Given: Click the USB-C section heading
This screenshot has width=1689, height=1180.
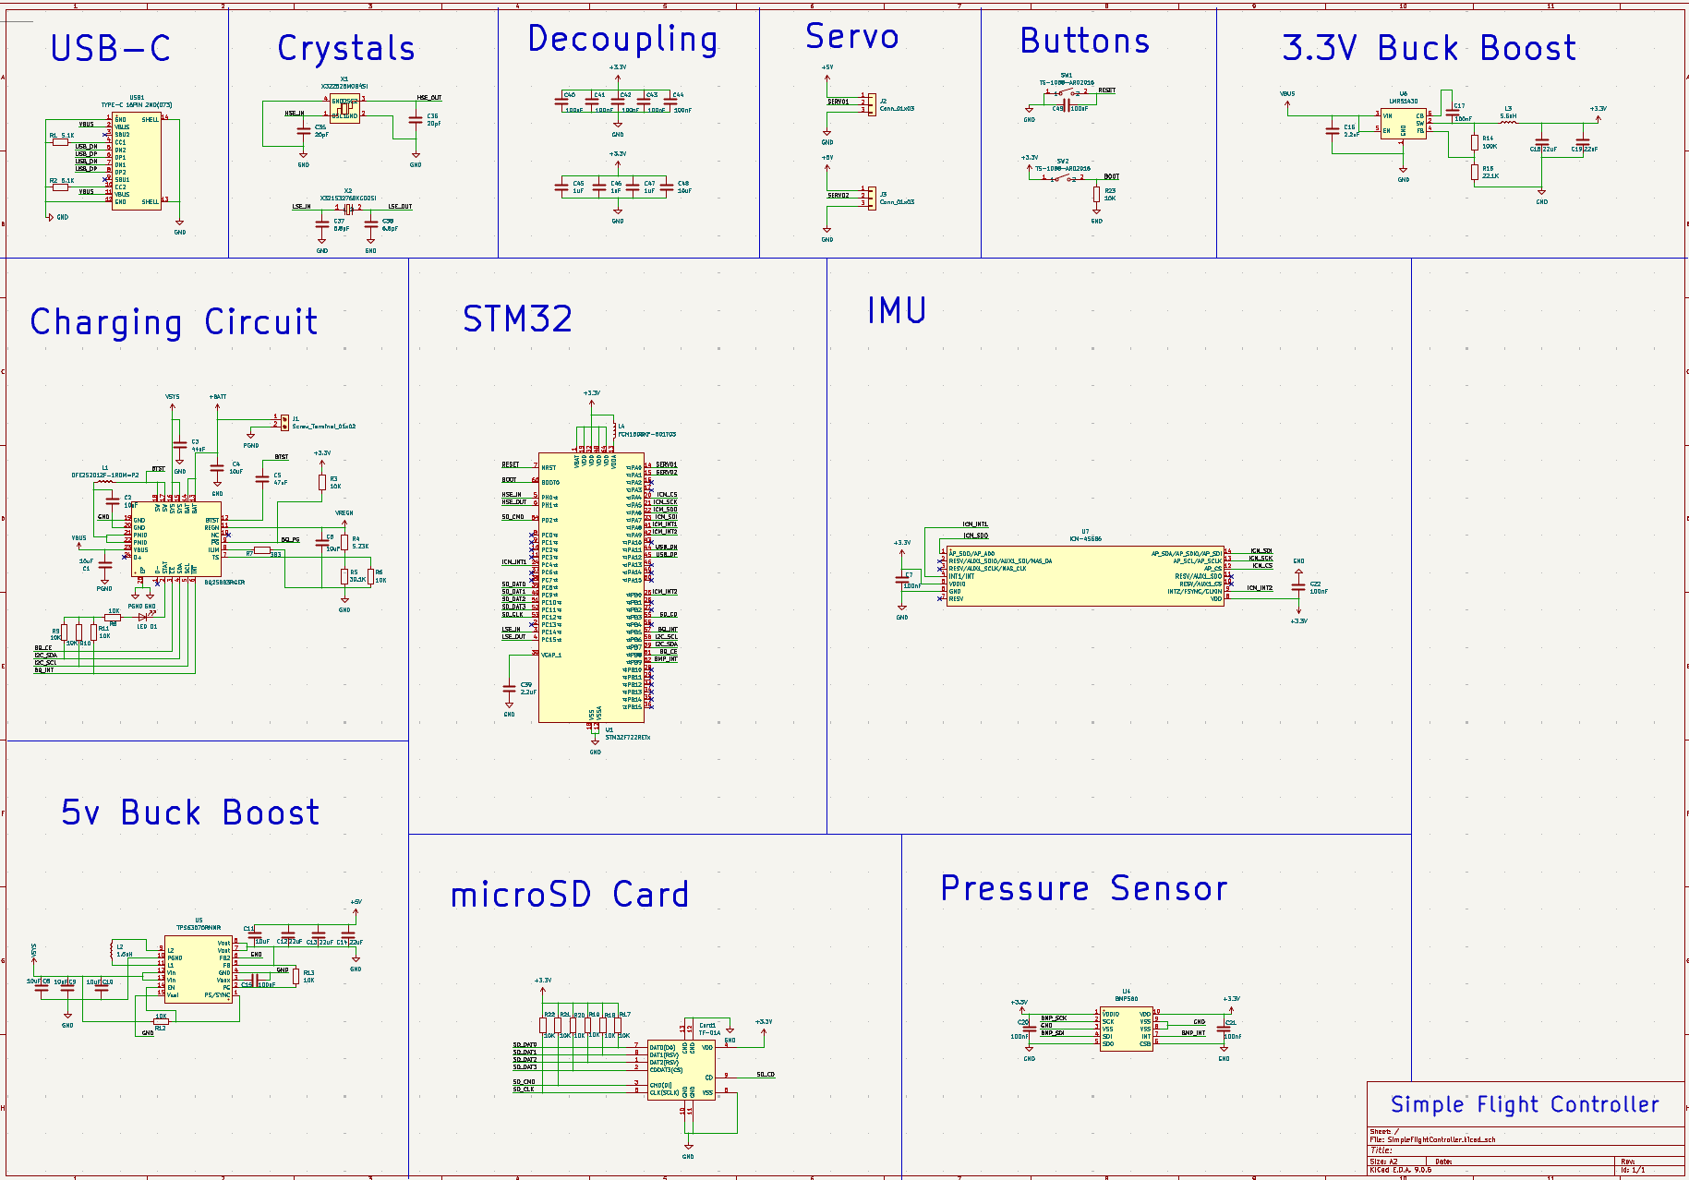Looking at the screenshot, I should click(110, 49).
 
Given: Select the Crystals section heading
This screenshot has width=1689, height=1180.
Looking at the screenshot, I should click(346, 49).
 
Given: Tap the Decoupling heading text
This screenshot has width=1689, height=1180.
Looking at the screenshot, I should click(622, 40).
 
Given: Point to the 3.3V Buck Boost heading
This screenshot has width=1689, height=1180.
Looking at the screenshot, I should click(1429, 48).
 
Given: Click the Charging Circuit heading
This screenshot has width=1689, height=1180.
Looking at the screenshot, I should click(174, 322).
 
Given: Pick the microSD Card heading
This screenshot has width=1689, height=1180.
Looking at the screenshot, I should click(569, 895).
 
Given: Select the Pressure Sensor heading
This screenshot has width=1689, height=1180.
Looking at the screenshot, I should click(1084, 888).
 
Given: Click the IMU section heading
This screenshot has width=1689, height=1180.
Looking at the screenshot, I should click(896, 311).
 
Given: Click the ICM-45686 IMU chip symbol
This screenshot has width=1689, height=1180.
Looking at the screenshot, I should click(1085, 576).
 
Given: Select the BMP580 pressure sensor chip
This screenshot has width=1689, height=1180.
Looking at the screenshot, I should click(1126, 1029).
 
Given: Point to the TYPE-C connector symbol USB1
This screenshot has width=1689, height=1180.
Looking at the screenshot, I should click(137, 161).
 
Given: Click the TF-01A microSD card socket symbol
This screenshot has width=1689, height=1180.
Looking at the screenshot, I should click(682, 1070).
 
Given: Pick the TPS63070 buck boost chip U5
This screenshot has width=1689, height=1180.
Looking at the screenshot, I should click(199, 969).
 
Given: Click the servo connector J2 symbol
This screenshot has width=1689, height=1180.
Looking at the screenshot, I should click(871, 103).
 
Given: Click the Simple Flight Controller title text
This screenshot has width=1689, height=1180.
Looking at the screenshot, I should click(1525, 1104).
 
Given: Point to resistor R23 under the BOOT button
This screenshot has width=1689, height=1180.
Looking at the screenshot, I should click(1096, 194).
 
